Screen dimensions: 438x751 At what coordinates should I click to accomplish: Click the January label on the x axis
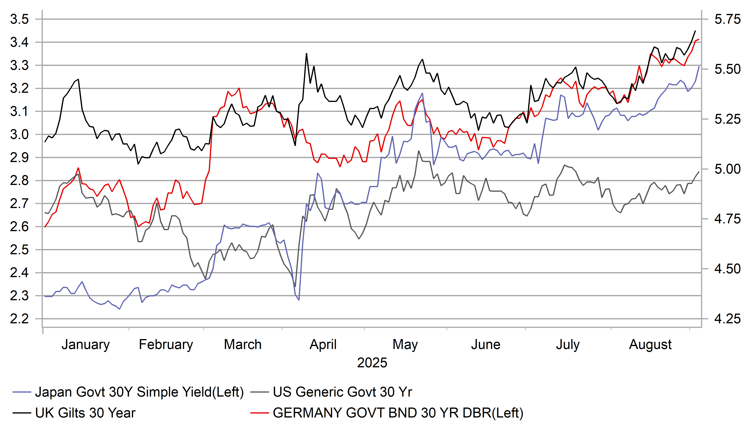tap(86, 344)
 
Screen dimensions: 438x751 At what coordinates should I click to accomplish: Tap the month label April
tap(323, 344)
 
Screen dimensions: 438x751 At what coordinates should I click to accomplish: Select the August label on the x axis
tap(650, 344)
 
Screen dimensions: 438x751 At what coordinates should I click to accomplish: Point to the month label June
tap(486, 344)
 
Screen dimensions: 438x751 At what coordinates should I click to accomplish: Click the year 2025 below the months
tap(372, 363)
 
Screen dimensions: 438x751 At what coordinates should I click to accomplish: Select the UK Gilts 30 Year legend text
tap(85, 413)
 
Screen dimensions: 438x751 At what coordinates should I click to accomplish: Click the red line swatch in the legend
tap(260, 413)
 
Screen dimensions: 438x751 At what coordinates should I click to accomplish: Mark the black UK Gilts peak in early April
tap(306, 54)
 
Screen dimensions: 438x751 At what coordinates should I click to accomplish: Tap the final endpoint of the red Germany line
tap(699, 39)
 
